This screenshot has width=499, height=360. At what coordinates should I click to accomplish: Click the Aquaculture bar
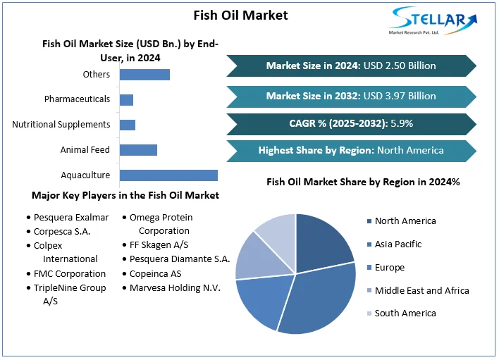[168, 175]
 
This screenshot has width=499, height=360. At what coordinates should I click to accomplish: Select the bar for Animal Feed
[138, 150]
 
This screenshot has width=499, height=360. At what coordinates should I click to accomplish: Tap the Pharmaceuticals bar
[126, 99]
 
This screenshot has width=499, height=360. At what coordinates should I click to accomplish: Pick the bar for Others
[144, 74]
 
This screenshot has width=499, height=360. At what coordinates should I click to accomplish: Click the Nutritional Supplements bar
[128, 125]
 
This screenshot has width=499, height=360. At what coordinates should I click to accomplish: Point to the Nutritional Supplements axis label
[61, 125]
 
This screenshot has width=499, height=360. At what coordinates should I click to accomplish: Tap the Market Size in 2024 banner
[351, 66]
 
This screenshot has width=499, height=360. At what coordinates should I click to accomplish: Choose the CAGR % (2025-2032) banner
[351, 123]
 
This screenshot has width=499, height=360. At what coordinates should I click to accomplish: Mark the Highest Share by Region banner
[351, 150]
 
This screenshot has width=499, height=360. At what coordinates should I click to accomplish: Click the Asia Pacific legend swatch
[369, 244]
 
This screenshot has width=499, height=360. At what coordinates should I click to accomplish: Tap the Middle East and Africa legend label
[421, 290]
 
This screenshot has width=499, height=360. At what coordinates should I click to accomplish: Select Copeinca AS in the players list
[155, 273]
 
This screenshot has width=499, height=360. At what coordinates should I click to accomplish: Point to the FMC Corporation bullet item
[70, 273]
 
